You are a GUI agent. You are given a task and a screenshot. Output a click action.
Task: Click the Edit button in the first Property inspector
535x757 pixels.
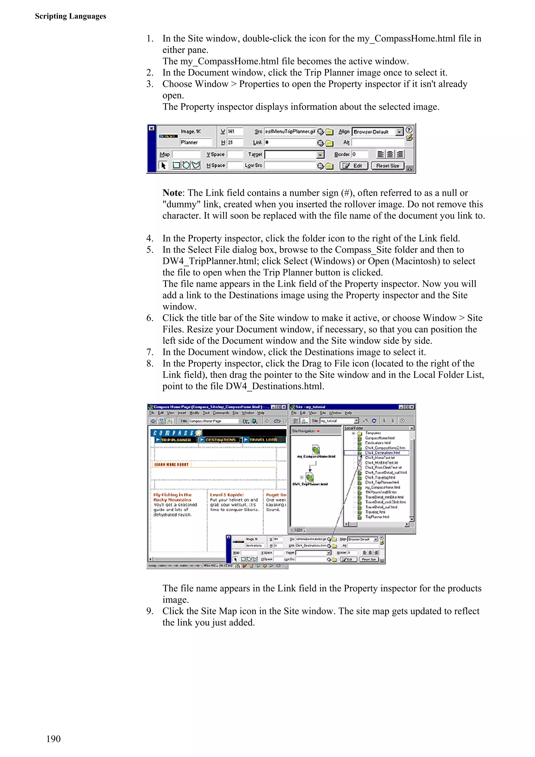click(x=354, y=166)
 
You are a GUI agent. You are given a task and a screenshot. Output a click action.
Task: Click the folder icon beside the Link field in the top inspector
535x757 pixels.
click(x=329, y=143)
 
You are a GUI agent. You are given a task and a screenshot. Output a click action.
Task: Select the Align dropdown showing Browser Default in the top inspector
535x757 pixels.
click(x=377, y=132)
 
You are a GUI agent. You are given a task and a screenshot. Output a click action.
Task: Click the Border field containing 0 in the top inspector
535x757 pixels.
click(x=359, y=154)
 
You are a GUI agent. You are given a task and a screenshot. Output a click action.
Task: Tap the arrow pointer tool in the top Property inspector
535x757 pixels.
click(x=163, y=165)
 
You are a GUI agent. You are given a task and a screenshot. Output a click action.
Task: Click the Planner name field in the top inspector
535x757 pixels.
click(x=195, y=142)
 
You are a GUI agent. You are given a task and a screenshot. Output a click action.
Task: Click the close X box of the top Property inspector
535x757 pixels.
click(x=152, y=128)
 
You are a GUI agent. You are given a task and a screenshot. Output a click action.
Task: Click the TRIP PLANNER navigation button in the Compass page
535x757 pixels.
click(x=175, y=440)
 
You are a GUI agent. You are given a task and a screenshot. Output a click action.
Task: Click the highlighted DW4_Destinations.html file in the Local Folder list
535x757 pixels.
click(x=382, y=453)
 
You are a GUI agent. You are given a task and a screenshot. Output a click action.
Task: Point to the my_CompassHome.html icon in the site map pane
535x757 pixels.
click(x=316, y=449)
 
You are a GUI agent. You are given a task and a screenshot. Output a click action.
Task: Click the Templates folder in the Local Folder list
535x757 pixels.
click(x=373, y=433)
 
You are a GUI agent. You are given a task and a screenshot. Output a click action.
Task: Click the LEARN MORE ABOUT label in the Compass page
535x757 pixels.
click(x=171, y=464)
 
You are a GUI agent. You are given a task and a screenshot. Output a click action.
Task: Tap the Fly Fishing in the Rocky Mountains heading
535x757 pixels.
click(x=172, y=497)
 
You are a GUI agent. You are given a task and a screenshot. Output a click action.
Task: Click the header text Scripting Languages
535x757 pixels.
click(x=70, y=16)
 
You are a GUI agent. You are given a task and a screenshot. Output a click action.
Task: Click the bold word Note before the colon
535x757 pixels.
click(x=172, y=193)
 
